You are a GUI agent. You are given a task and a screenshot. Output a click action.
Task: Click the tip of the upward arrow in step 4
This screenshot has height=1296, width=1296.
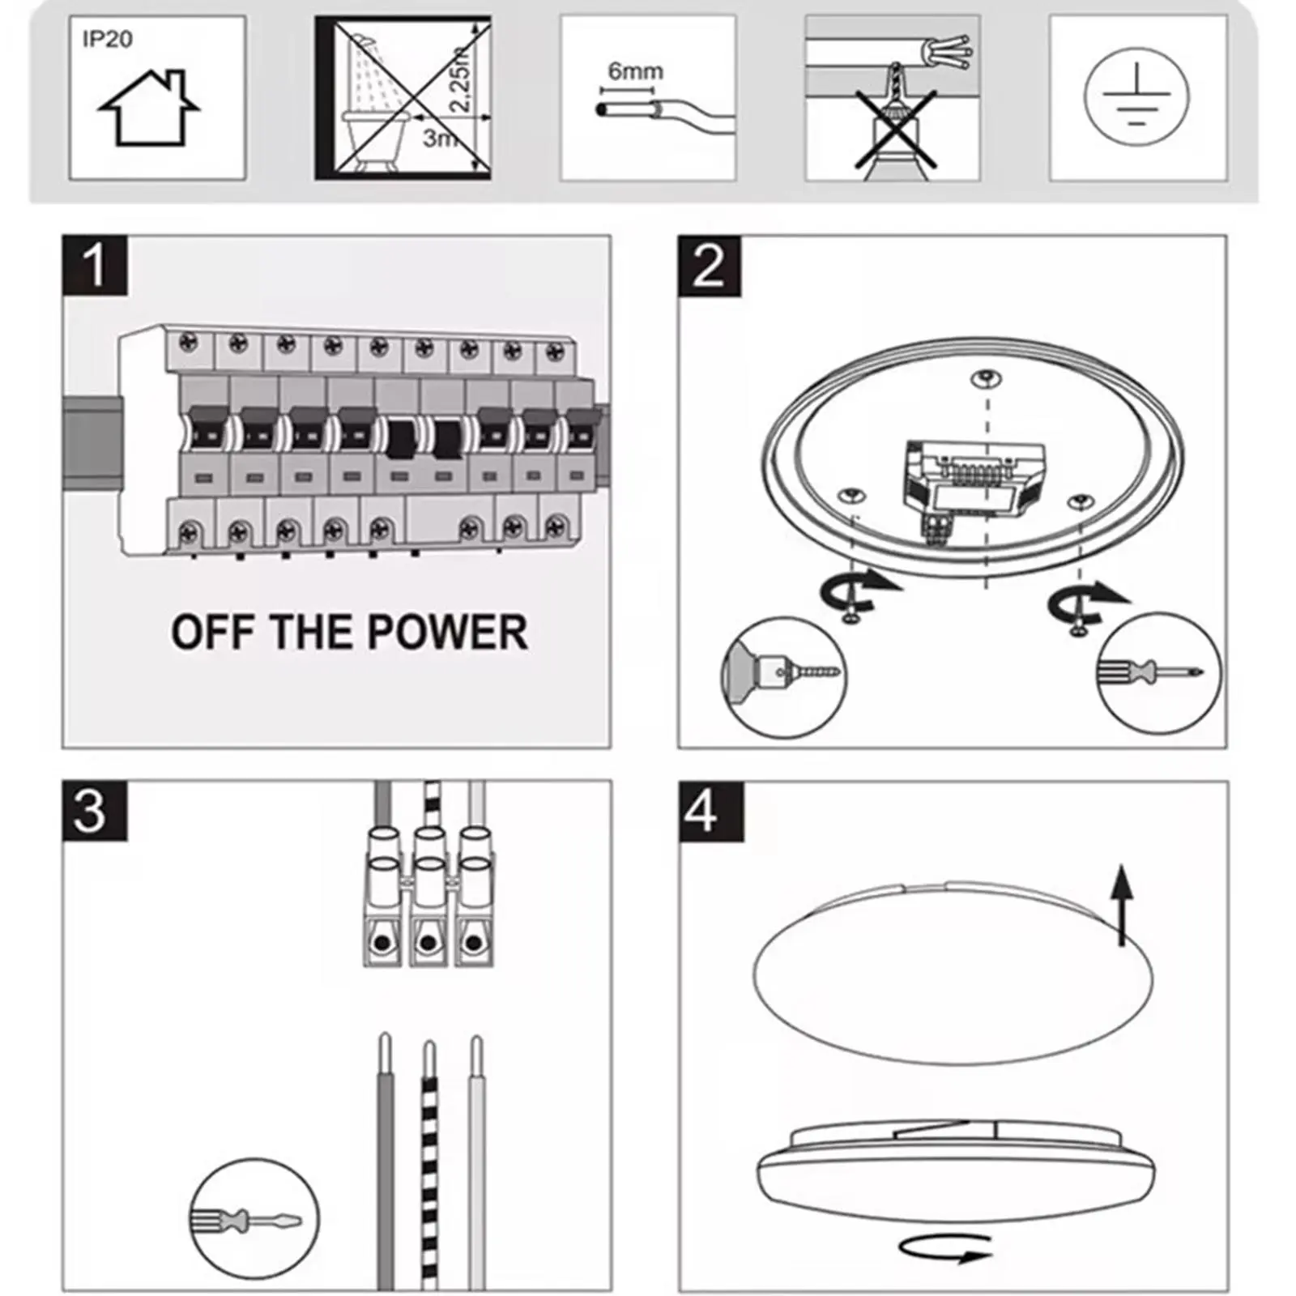(1122, 865)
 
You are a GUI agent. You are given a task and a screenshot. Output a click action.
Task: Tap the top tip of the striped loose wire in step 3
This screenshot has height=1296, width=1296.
(429, 1042)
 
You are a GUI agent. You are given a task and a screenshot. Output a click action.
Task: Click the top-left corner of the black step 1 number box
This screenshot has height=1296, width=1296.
(62, 236)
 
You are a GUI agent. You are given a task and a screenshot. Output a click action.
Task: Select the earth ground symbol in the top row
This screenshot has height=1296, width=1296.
(1137, 97)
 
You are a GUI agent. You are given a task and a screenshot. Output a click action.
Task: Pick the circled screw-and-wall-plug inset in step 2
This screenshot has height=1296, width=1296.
(783, 677)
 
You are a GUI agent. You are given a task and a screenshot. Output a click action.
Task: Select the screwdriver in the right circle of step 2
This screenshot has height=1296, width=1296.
(1150, 671)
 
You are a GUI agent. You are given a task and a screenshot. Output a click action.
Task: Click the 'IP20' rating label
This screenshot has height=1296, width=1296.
(107, 39)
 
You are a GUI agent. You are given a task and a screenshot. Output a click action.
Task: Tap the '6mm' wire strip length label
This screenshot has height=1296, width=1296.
(636, 71)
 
